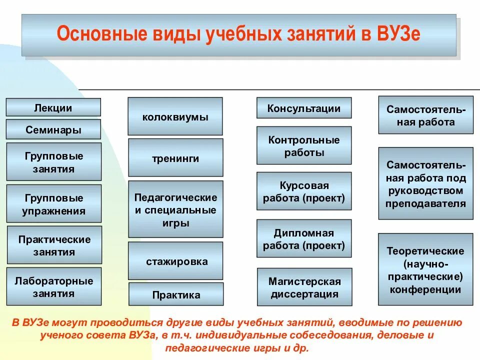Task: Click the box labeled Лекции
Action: [53, 107]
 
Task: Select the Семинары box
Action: [53, 129]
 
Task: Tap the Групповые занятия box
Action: [53, 162]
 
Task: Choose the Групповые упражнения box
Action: [53, 204]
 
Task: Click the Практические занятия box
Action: [54, 245]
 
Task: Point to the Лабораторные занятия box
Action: [53, 286]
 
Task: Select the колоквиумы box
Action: [175, 116]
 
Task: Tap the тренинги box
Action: [175, 158]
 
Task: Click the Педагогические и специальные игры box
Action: [175, 209]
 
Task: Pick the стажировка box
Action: [175, 261]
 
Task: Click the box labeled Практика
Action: [176, 294]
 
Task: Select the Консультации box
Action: [303, 108]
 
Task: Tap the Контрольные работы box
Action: [304, 145]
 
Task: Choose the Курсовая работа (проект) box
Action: [304, 191]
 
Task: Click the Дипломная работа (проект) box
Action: [304, 238]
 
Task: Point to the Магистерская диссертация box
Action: [304, 287]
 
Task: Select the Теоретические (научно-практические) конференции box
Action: [425, 269]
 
